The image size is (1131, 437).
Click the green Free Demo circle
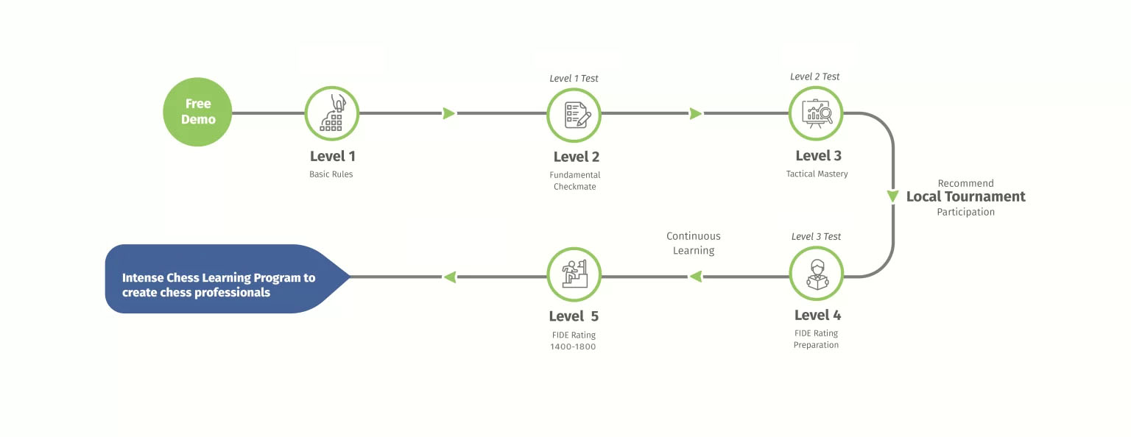click(x=197, y=112)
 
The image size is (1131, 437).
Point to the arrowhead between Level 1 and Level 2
click(x=449, y=113)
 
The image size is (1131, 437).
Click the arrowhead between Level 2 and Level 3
click(x=696, y=113)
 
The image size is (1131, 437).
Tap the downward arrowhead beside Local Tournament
click(x=892, y=196)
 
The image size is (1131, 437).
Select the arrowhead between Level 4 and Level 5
click(x=696, y=277)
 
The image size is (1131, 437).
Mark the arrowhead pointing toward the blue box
click(x=449, y=277)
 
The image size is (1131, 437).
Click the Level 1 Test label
click(x=574, y=78)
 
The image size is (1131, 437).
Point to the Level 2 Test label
click(x=814, y=77)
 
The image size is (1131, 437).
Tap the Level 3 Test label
click(x=816, y=237)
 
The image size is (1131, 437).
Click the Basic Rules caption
click(x=331, y=174)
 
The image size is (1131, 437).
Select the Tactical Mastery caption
click(x=817, y=174)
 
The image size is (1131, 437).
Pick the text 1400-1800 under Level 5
click(x=573, y=347)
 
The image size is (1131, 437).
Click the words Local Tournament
click(x=965, y=196)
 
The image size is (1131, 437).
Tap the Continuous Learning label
click(x=693, y=244)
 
